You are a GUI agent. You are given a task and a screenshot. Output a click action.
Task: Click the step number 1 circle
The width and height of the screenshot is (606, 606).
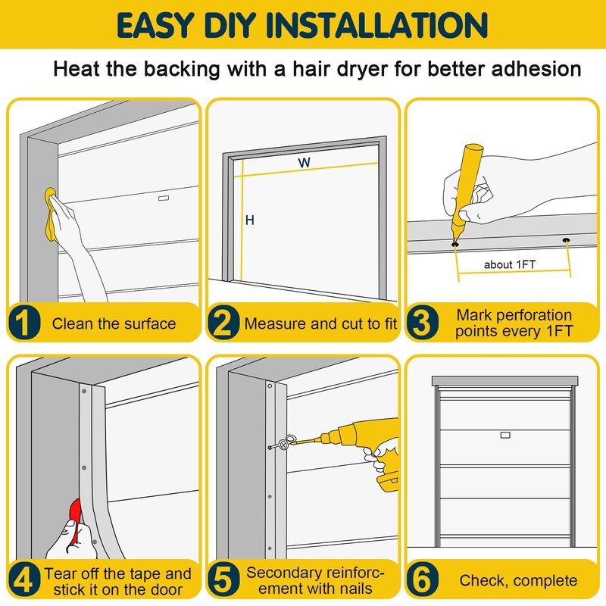point(24,323)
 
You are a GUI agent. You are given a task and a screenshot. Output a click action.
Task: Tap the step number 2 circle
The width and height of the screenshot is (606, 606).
point(223,323)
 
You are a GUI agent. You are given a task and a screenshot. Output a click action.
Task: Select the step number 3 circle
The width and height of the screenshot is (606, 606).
point(423,323)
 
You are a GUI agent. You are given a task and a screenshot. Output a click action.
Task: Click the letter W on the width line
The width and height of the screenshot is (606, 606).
point(305,162)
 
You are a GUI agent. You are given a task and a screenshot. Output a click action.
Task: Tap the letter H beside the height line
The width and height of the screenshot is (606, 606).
point(250,220)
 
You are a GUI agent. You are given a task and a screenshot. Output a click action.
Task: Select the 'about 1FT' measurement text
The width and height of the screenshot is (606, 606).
point(510,264)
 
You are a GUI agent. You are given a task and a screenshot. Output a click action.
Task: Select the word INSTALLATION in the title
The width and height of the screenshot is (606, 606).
point(376,25)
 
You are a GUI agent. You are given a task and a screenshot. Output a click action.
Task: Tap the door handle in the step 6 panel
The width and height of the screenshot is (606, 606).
point(505,435)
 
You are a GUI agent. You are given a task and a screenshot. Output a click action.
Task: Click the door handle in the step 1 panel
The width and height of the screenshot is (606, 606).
point(164,198)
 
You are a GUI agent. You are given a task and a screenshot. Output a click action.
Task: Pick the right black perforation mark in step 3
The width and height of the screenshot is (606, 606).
point(566,240)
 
